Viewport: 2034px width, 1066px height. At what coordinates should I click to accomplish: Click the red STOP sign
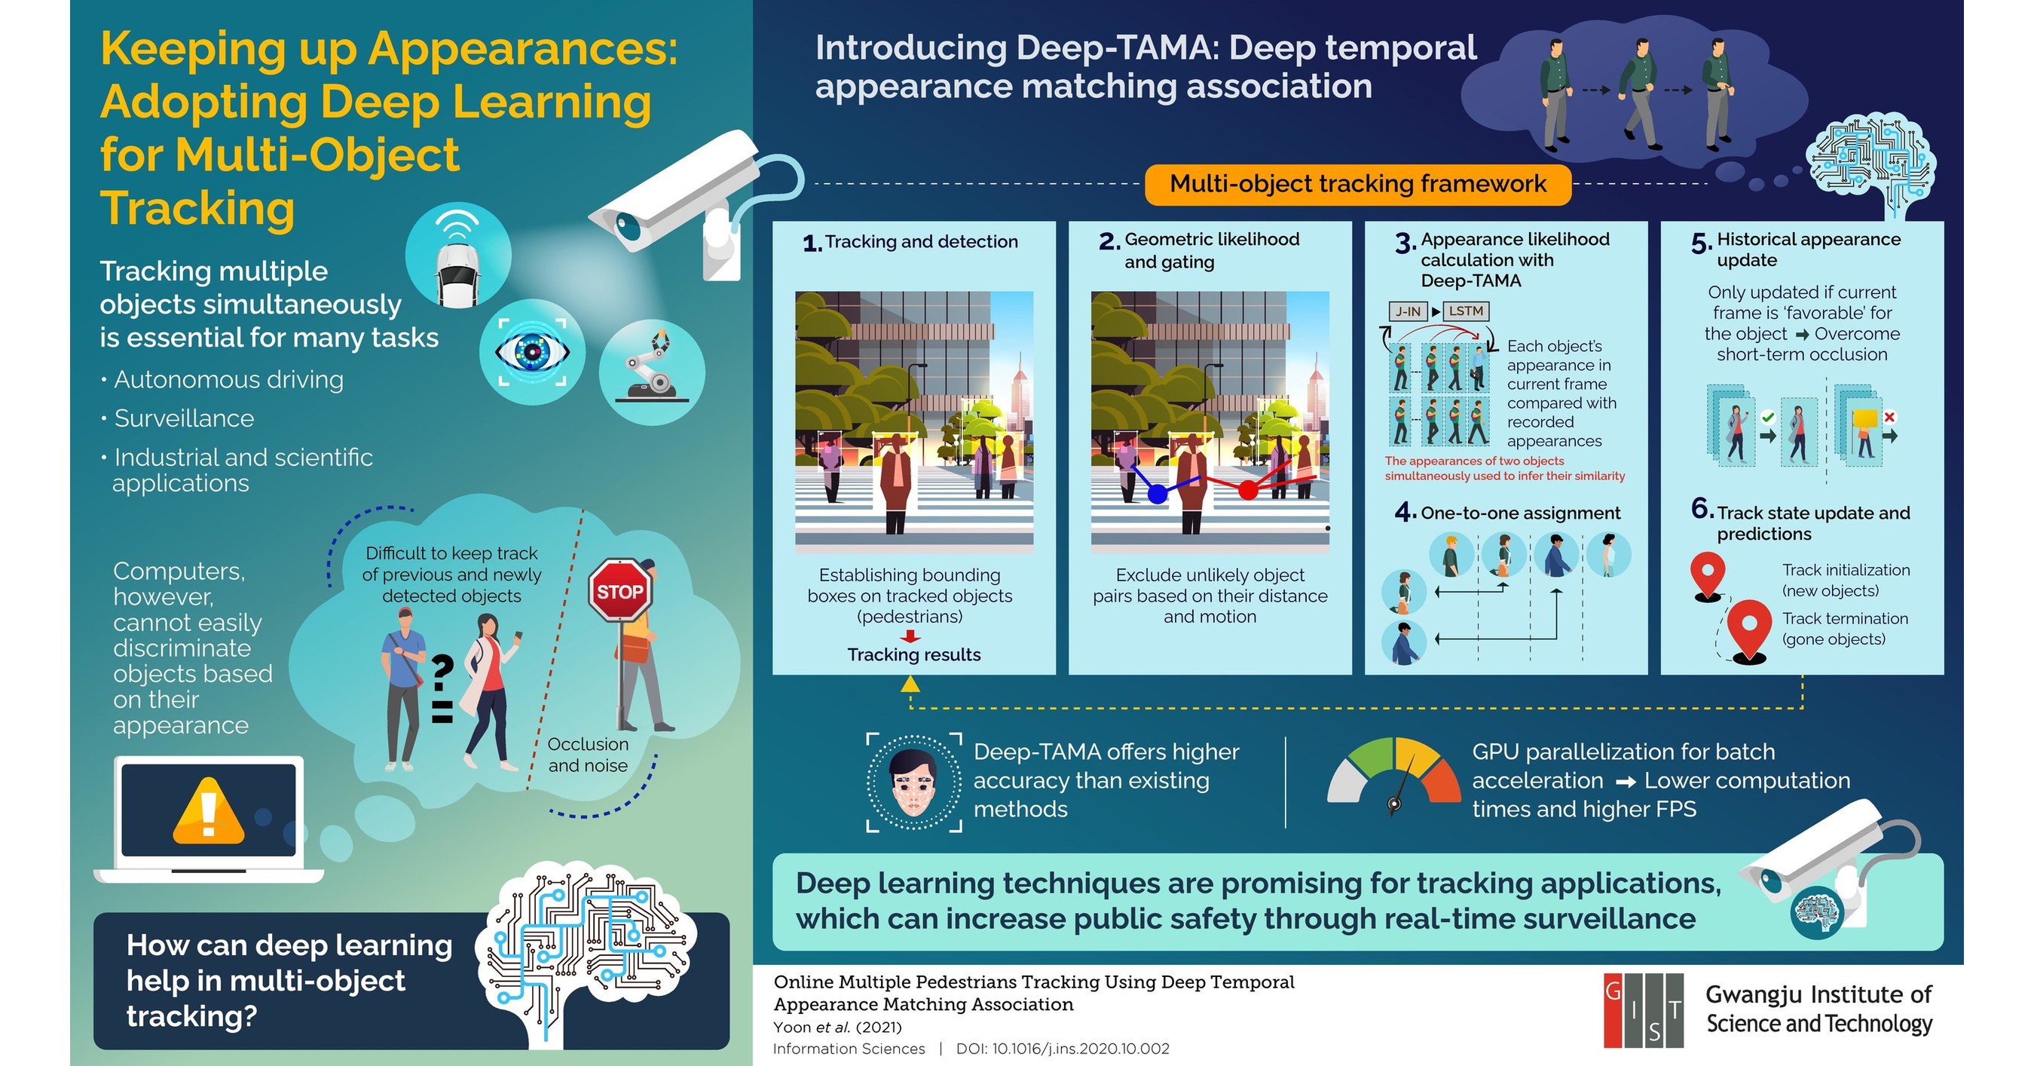tap(619, 590)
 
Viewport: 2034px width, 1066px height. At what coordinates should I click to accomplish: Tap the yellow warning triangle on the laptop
tap(208, 812)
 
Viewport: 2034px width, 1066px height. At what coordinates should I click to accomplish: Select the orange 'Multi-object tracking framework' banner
tap(1357, 184)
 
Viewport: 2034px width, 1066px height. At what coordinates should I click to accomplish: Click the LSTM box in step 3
tap(1466, 311)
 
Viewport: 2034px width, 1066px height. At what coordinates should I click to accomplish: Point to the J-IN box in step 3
tap(1408, 311)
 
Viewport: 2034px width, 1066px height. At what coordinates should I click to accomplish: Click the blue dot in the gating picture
tap(1158, 495)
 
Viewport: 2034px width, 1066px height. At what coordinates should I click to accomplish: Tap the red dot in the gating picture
tap(1247, 490)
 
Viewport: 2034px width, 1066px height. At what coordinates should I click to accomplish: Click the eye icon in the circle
tap(532, 352)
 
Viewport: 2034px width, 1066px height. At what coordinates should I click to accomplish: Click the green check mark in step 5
tap(1768, 417)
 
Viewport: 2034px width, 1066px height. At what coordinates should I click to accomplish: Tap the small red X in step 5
tap(1889, 417)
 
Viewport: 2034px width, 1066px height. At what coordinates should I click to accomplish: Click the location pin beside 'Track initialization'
tap(1707, 574)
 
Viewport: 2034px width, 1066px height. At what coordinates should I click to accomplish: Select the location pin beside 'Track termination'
tap(1749, 628)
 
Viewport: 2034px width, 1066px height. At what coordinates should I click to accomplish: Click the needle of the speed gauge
tap(1400, 789)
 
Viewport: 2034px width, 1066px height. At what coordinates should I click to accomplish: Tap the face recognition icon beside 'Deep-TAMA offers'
tap(913, 783)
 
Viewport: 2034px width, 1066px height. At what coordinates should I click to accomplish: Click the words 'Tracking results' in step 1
tap(913, 654)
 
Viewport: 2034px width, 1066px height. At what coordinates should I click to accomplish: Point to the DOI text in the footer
tap(1062, 1049)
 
